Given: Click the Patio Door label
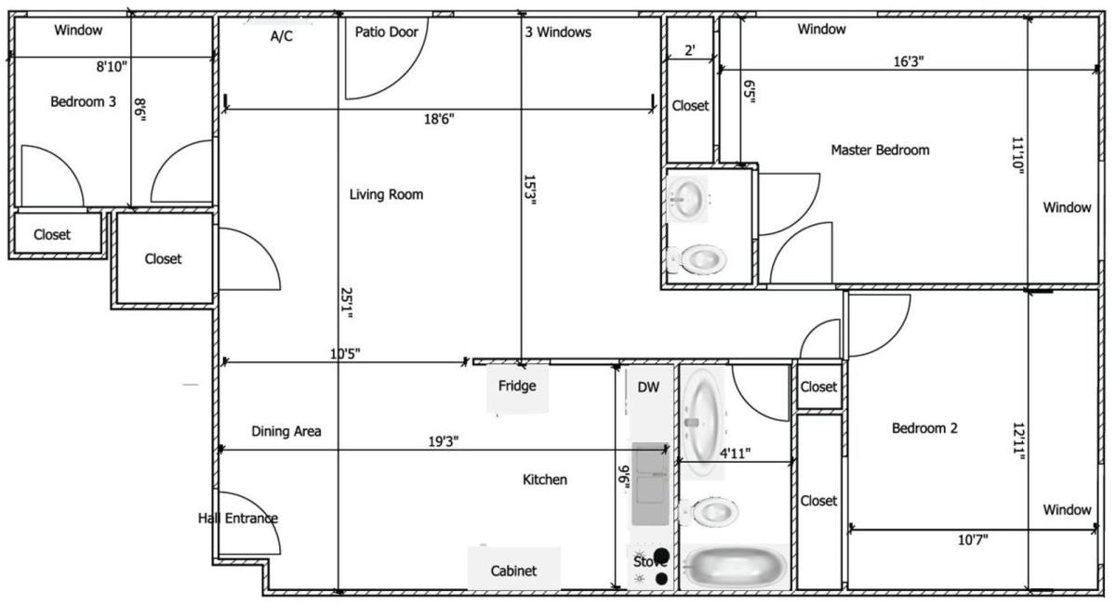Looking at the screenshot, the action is [x=386, y=33].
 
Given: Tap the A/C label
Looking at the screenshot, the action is [x=282, y=36].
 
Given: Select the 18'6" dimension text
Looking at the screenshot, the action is [x=439, y=119].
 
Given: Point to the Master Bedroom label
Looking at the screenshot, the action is [x=880, y=150].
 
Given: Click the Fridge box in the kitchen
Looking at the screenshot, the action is [x=517, y=388].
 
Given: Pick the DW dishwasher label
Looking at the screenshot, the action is [x=648, y=388].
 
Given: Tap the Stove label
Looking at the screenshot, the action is [x=649, y=561].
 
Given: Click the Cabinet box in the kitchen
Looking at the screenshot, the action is [x=513, y=568].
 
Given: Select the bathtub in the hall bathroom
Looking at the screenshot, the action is [x=735, y=567].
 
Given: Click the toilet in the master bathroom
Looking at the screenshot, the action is [x=697, y=259].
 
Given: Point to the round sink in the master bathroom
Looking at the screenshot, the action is [x=686, y=199].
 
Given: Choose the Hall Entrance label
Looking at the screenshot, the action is [x=238, y=519].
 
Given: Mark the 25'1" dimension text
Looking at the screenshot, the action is [x=347, y=303].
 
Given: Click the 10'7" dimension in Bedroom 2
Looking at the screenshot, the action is [x=973, y=540].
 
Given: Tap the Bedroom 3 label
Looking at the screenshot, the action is [x=83, y=101].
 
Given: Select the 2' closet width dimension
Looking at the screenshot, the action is [x=690, y=50].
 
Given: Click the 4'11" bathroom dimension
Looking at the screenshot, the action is [x=736, y=454].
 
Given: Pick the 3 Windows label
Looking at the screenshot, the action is [x=558, y=33].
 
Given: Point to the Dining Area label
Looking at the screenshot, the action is [x=286, y=431].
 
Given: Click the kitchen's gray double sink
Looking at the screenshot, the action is [x=650, y=483].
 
